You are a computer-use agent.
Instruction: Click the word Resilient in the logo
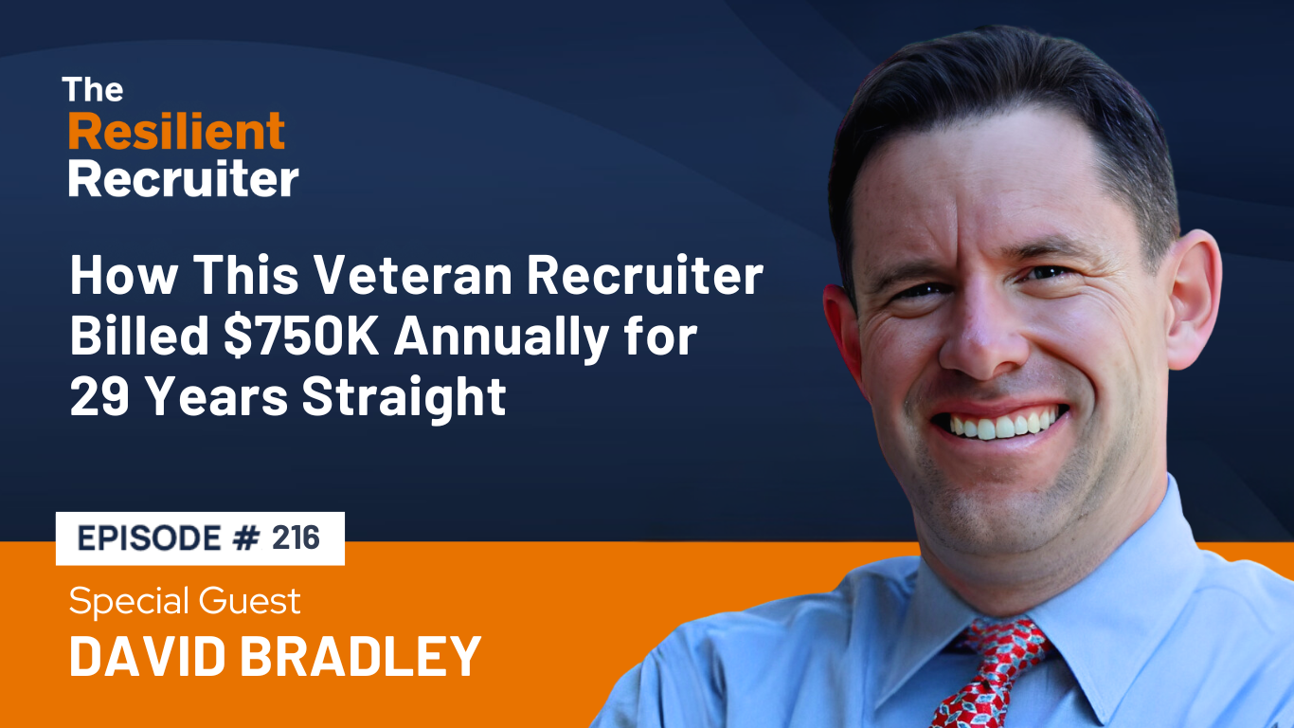176,132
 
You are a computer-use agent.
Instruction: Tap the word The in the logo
93,90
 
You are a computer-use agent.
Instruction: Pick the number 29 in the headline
99,398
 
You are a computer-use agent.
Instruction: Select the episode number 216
296,538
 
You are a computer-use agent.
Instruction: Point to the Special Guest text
185,601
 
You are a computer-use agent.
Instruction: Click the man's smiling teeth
1002,423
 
